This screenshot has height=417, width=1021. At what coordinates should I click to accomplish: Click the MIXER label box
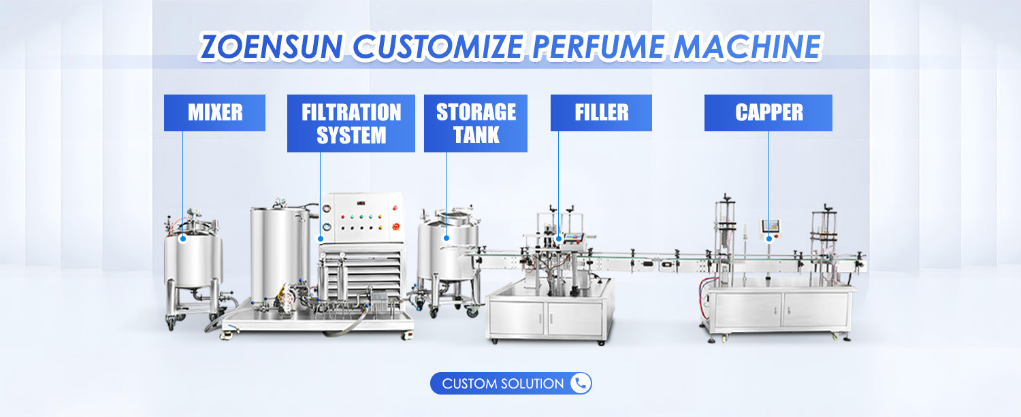(x=214, y=113)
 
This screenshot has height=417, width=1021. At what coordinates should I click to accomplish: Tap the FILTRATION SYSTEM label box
(x=351, y=123)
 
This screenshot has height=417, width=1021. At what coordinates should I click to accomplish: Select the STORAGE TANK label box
(x=475, y=123)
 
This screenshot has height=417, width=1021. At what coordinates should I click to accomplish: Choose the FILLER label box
(x=601, y=113)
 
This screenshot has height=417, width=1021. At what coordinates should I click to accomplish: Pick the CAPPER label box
(x=768, y=113)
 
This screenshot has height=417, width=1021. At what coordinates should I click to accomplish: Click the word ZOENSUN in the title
(x=274, y=46)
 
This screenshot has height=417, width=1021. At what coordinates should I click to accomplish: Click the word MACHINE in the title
(x=756, y=46)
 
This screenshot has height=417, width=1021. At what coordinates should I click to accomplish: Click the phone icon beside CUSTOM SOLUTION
(x=580, y=384)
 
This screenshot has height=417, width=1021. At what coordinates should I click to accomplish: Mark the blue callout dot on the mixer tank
(x=182, y=239)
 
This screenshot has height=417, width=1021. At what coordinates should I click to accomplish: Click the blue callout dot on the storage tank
(x=446, y=238)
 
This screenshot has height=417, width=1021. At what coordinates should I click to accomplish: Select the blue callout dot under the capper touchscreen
(x=769, y=238)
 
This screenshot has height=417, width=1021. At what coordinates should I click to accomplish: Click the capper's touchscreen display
(x=771, y=225)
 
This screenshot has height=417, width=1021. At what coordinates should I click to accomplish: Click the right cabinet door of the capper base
(x=815, y=310)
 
